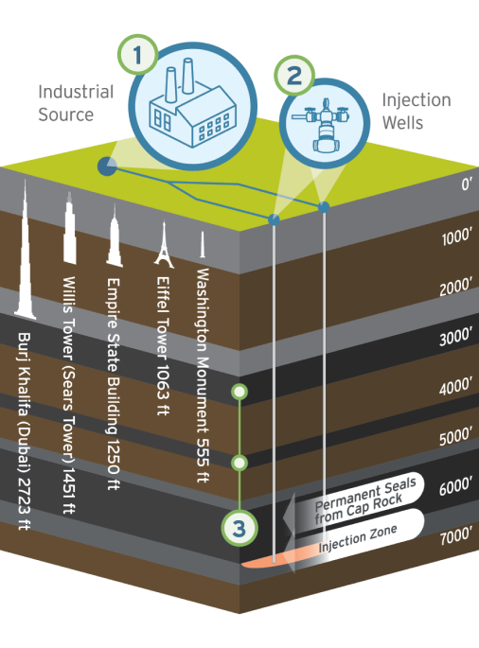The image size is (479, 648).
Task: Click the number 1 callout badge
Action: (x=137, y=55)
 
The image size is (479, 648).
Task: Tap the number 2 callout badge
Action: (x=294, y=76)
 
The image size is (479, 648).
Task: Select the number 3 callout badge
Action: (x=239, y=528)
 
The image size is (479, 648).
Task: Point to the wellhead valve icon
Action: (x=322, y=124)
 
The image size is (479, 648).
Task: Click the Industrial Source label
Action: (x=76, y=103)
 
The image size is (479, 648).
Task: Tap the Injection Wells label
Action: (x=417, y=112)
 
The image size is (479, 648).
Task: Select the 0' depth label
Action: (x=466, y=184)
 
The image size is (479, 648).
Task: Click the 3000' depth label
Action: (x=455, y=337)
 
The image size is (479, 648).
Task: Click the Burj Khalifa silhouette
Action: (x=26, y=250)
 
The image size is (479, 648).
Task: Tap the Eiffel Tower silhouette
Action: (x=164, y=244)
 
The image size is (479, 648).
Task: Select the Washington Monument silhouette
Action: (x=203, y=244)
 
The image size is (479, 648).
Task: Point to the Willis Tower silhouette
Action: (x=69, y=228)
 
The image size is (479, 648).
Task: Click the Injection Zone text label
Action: (x=358, y=539)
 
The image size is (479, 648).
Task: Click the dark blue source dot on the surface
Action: (x=107, y=166)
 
